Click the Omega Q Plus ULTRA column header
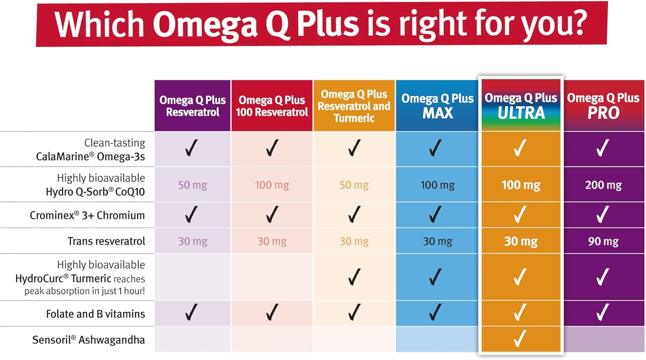pos(521,106)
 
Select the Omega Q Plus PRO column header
pos(603,106)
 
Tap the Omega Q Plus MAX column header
pos(437,106)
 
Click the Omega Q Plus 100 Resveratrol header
pos(272,106)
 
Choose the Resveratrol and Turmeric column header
pos(354,106)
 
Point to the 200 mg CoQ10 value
pos(603,185)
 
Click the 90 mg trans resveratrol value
pos(603,242)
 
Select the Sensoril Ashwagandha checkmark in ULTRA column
pos(520,339)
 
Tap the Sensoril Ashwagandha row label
pos(88,340)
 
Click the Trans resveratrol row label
pos(106,241)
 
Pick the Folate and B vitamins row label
pos(95,314)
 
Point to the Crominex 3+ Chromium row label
pos(87,215)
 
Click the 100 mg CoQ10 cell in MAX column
pos(437,185)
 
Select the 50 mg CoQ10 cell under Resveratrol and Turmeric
pos(354,185)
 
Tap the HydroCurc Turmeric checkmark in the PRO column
pos(603,277)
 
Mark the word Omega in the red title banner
pos(205,24)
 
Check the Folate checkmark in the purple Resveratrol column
pos(191,312)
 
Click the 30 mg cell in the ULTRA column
pos(521,242)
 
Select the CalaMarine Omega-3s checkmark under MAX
pos(435,148)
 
